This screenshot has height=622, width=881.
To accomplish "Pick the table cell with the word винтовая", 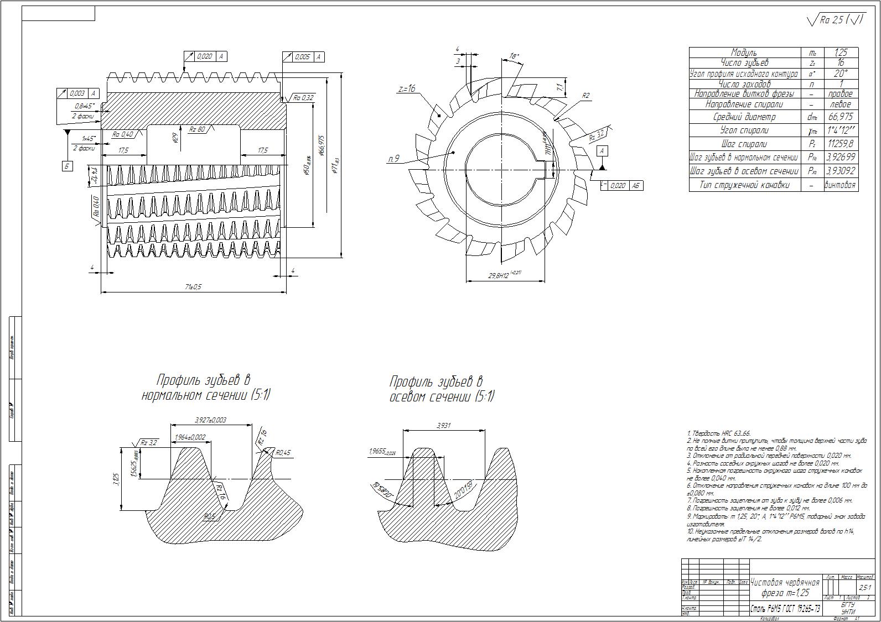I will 840,185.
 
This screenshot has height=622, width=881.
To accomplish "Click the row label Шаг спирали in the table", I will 744,144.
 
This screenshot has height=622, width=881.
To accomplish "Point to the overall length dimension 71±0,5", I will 193,287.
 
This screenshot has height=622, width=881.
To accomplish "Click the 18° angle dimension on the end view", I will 514,56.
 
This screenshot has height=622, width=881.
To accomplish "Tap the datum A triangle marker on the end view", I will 602,165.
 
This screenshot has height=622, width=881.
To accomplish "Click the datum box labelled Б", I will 67,166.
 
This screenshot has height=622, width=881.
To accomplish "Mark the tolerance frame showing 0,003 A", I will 78,94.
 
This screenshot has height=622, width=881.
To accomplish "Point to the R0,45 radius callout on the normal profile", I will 282,453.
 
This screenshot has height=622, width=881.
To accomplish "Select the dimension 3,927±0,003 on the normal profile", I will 211,420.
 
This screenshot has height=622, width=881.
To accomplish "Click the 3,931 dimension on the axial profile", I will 444,425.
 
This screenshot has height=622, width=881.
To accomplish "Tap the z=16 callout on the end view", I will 406,89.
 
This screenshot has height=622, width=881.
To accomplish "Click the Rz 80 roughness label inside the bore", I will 198,129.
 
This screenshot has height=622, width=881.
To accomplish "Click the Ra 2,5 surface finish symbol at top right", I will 836,20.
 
